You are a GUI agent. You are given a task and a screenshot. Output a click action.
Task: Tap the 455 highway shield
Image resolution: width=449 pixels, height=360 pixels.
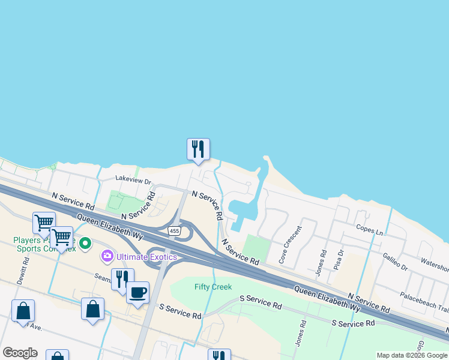point(174,231)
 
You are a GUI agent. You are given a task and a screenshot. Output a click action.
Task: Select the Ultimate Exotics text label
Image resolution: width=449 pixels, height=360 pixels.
point(147,257)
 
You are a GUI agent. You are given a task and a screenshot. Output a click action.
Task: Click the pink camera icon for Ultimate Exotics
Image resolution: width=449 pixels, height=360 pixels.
point(107,256)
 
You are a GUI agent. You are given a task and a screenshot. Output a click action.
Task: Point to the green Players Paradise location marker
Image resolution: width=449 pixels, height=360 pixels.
point(85,244)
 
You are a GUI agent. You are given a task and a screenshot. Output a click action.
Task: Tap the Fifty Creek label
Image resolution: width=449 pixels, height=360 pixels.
point(213,287)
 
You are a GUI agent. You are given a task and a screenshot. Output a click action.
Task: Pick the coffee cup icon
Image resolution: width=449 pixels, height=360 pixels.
point(137,293)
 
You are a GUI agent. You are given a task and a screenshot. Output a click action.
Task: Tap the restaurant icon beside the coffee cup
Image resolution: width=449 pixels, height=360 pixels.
point(122,280)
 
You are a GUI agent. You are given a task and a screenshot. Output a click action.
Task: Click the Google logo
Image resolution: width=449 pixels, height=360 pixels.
point(20,353)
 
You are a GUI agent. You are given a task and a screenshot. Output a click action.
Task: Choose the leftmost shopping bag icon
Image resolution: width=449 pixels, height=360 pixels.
point(23,311)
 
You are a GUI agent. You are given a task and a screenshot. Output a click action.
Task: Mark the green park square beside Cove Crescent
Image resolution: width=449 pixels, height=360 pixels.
point(256,247)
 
